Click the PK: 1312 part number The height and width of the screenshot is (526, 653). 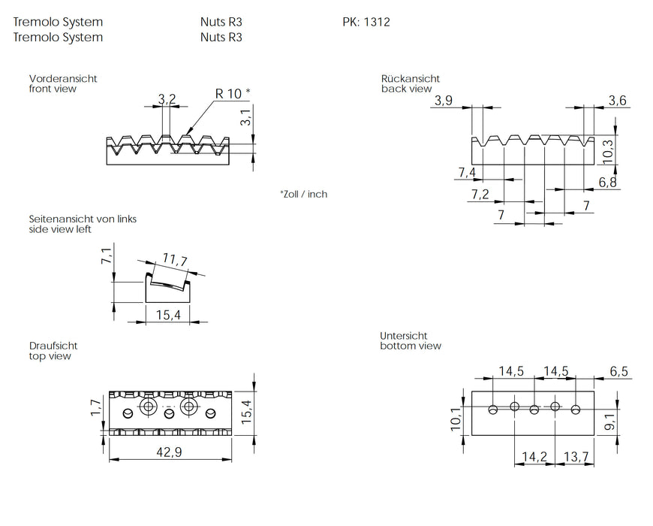pos(366,23)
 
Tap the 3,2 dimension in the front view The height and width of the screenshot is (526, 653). pos(167,99)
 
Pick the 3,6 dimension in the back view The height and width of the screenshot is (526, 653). pos(618,101)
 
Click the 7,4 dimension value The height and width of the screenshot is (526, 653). pos(466,174)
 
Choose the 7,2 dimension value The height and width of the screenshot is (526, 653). pos(480,195)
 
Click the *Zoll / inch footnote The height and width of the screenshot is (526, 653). pos(304,194)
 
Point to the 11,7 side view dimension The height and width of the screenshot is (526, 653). pos(174,261)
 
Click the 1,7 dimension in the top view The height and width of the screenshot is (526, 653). pos(96,408)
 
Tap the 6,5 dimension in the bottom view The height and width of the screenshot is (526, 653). pos(620,371)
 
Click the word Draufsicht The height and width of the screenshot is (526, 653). pos(53,346)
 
